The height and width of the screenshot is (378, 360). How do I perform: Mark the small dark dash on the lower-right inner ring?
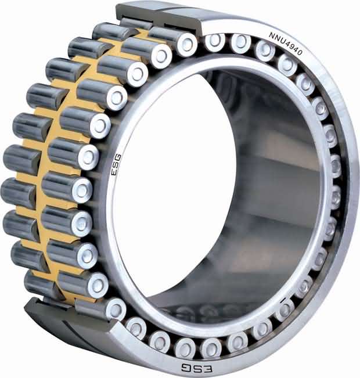(x=283, y=301)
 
